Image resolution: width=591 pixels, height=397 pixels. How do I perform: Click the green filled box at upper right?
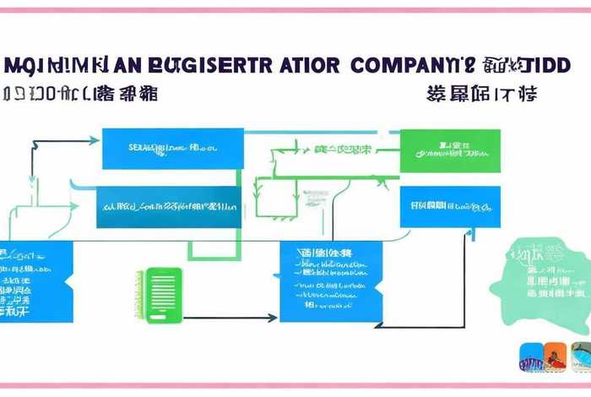450,150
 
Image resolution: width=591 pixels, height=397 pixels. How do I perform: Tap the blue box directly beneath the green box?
450,206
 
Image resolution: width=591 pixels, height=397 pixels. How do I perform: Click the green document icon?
164,296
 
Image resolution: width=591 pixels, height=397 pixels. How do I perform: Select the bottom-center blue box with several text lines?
330,280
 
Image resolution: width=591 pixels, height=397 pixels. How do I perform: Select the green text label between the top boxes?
343,150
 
